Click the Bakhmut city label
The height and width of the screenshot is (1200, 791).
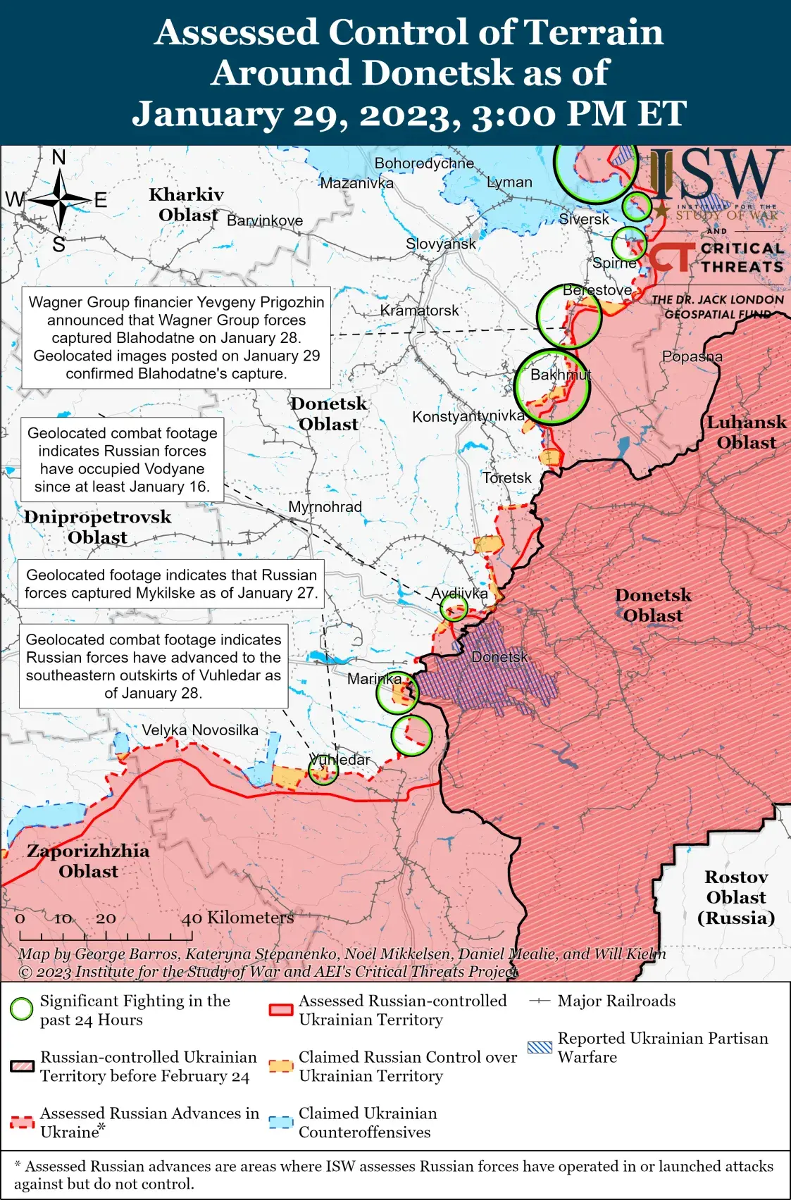[x=561, y=375]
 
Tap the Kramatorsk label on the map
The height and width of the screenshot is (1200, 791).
[x=419, y=311]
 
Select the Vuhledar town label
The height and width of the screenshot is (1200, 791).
[x=340, y=760]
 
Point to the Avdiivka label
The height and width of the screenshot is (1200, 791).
[x=459, y=593]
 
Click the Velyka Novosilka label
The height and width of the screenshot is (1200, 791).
[x=200, y=730]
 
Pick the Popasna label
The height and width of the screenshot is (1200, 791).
[x=692, y=356]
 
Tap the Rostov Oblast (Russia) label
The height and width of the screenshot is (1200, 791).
[x=736, y=897]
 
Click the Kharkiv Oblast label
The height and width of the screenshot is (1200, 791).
[x=187, y=204]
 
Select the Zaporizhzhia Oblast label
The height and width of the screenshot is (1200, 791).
[x=88, y=861]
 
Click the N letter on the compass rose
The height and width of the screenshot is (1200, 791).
[x=59, y=157]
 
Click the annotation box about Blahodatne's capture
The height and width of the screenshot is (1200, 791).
[x=176, y=337]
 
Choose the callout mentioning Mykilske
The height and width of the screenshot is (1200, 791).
[x=171, y=584]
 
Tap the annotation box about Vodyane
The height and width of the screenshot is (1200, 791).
[x=123, y=460]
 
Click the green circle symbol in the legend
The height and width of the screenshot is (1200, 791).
[x=22, y=1009]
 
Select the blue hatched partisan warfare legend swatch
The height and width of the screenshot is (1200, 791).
[x=540, y=1047]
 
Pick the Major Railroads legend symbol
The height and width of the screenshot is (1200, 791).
[x=540, y=1001]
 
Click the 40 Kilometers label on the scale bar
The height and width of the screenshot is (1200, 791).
[x=237, y=918]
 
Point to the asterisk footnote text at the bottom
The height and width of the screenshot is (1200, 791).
[x=394, y=1175]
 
